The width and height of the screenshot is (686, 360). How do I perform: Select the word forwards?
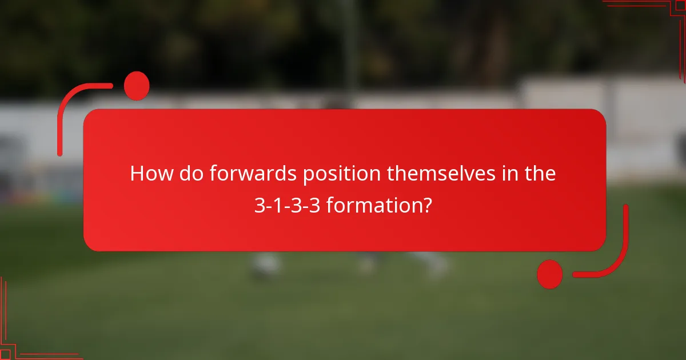click(253, 174)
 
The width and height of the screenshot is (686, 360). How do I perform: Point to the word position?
click(342, 174)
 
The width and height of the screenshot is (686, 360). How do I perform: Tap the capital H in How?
click(138, 174)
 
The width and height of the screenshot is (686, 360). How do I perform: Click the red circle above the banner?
click(137, 86)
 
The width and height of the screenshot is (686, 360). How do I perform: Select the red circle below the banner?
click(550, 274)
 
